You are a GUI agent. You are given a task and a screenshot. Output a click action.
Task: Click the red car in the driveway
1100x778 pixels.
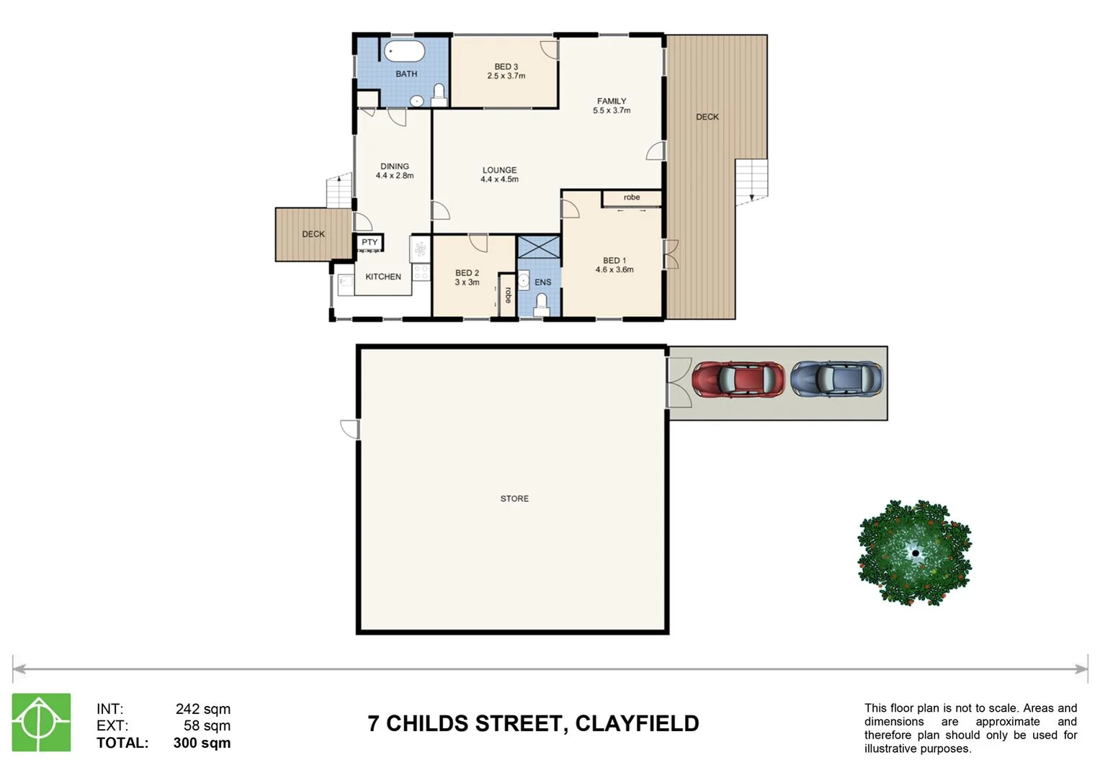(x=738, y=380)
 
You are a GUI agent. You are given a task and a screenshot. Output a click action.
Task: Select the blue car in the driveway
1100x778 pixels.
(x=836, y=379)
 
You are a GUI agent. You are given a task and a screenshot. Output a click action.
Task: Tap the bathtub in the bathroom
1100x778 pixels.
(x=404, y=52)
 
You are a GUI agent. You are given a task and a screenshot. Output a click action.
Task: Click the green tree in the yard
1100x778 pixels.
(x=914, y=553)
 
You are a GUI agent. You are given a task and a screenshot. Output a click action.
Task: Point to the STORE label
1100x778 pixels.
(x=514, y=498)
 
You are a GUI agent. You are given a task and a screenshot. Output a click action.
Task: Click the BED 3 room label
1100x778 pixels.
(x=506, y=66)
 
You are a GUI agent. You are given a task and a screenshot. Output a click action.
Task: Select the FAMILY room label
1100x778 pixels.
(x=612, y=101)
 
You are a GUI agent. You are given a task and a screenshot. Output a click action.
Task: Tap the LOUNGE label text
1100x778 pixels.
(x=499, y=170)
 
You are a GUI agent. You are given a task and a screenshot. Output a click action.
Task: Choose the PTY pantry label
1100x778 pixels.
(x=370, y=242)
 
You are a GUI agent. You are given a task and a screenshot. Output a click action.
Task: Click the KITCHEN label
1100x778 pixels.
(x=383, y=277)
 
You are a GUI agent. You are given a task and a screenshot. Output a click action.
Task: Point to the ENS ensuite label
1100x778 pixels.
(x=542, y=282)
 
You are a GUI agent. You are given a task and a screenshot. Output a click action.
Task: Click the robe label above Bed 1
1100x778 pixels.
(x=632, y=197)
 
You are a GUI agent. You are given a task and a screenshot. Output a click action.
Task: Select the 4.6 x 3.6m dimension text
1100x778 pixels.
(x=614, y=270)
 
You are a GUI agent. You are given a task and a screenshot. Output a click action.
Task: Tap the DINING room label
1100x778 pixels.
(x=394, y=166)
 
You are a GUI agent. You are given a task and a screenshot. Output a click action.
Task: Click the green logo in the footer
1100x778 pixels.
(x=41, y=722)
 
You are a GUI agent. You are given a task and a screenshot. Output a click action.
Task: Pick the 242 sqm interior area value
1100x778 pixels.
(x=202, y=709)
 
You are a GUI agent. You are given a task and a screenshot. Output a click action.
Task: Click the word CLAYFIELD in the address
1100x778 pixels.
(x=637, y=723)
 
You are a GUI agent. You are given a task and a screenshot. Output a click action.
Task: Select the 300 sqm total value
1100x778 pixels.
(x=202, y=743)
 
